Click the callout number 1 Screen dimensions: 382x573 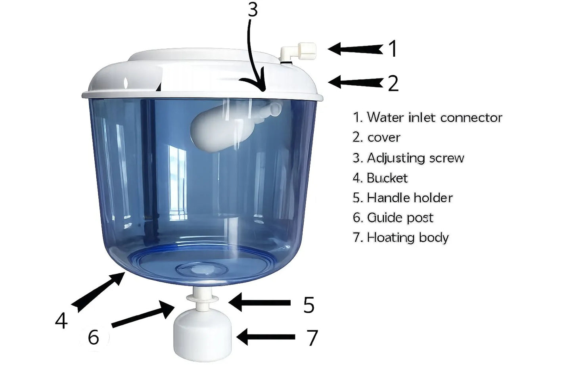[x=392, y=49]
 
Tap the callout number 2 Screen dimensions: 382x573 [x=393, y=83]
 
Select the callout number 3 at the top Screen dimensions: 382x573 [x=253, y=10]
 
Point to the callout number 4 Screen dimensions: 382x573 [x=61, y=321]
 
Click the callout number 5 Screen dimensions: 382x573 [x=309, y=305]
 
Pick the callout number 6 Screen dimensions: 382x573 [x=93, y=337]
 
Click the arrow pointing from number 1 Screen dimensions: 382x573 [x=355, y=49]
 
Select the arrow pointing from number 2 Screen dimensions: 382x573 [x=355, y=83]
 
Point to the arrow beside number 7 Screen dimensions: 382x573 [x=266, y=337]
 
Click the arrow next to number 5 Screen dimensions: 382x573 [x=260, y=303]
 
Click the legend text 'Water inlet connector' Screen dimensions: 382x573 [x=427, y=117]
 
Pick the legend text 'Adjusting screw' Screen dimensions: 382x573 [x=408, y=158]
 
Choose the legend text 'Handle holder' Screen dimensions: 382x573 [x=403, y=198]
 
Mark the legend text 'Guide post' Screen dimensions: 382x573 [x=393, y=217]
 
